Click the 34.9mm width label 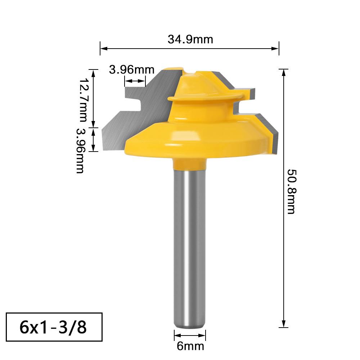(x=190, y=39)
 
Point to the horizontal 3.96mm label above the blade (x=131, y=69)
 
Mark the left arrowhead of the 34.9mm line (x=103, y=48)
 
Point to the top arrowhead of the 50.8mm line (x=284, y=71)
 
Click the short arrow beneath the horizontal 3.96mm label (x=135, y=82)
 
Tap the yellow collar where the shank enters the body (x=190, y=165)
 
